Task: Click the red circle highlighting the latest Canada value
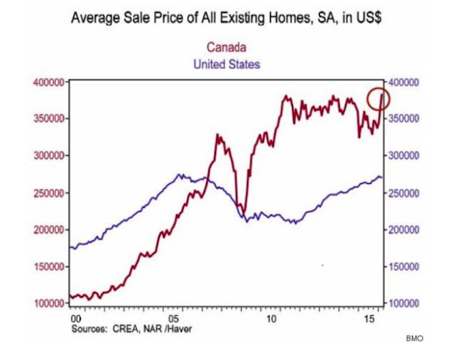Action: pyautogui.click(x=378, y=99)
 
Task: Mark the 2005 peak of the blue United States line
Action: pyautogui.click(x=180, y=175)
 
